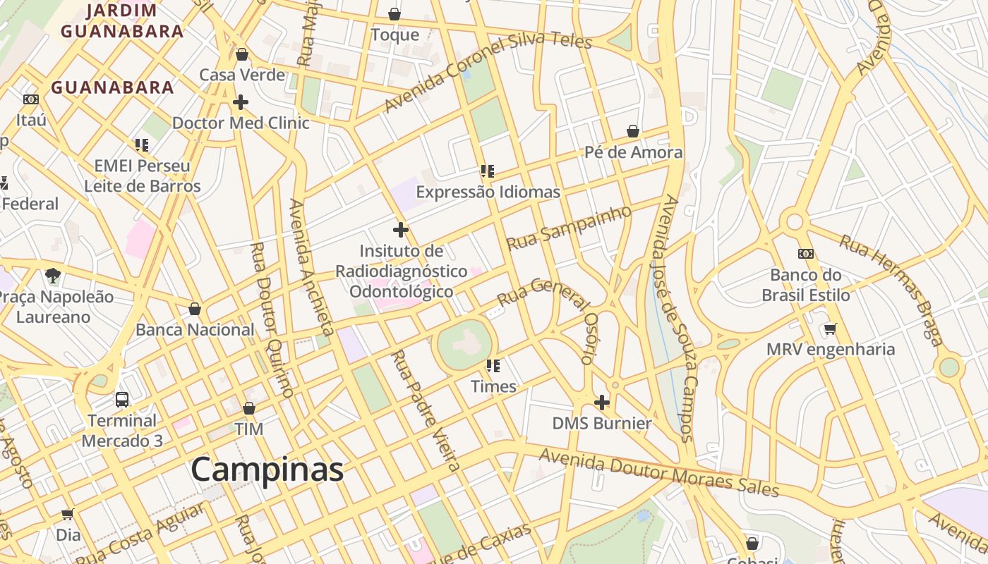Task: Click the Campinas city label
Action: [x=267, y=470]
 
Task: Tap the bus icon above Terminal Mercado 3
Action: [x=122, y=400]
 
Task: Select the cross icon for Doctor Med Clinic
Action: [x=241, y=102]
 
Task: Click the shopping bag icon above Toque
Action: [x=394, y=14]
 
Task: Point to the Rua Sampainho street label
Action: [x=569, y=227]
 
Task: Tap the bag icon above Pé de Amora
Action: [x=633, y=131]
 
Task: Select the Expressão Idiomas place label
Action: [x=488, y=192]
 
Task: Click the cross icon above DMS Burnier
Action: [x=601, y=403]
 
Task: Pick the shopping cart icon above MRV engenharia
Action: [x=831, y=329]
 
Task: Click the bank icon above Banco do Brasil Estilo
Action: [x=806, y=254]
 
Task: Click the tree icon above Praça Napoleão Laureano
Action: [x=52, y=276]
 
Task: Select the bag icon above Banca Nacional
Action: [x=195, y=309]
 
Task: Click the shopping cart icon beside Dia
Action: [x=68, y=515]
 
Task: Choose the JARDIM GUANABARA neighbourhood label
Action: [x=121, y=21]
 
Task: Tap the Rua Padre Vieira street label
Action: [x=426, y=410]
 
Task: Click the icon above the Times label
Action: [x=493, y=365]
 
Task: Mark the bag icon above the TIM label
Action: [x=248, y=408]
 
